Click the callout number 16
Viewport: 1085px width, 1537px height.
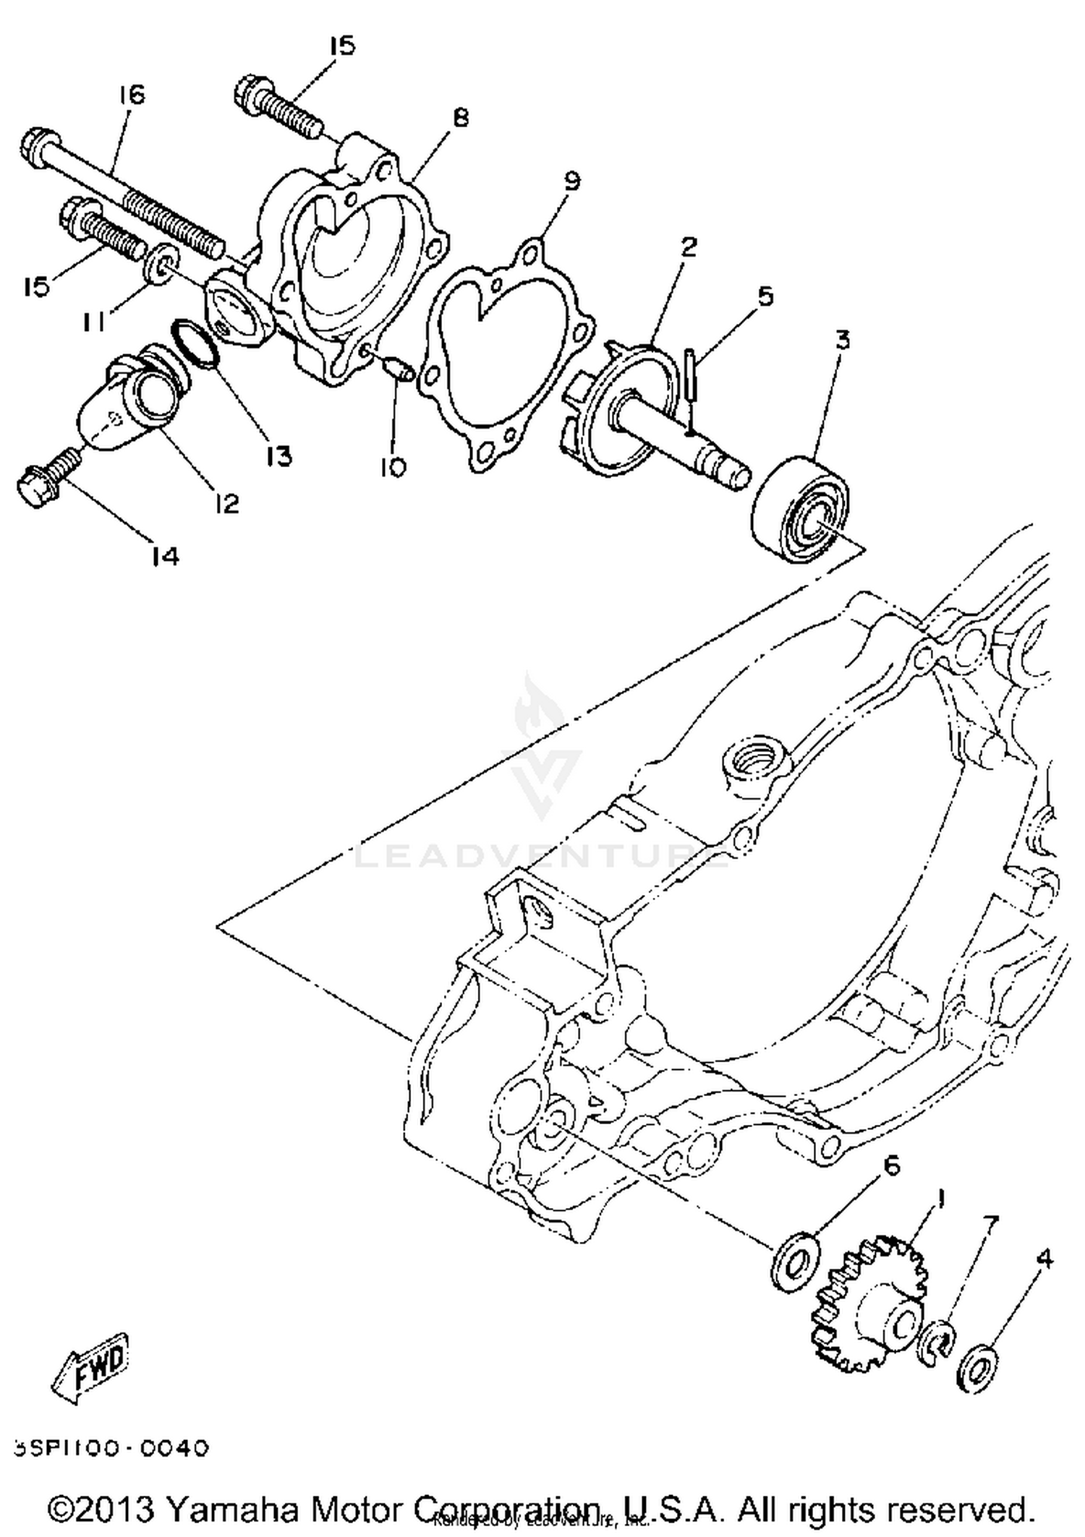[x=132, y=95]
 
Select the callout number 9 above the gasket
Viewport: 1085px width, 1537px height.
[x=571, y=180]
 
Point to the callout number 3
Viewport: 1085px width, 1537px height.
[x=842, y=340]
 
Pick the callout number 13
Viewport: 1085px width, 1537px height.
[x=277, y=455]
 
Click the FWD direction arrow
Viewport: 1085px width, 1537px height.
[x=92, y=1366]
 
